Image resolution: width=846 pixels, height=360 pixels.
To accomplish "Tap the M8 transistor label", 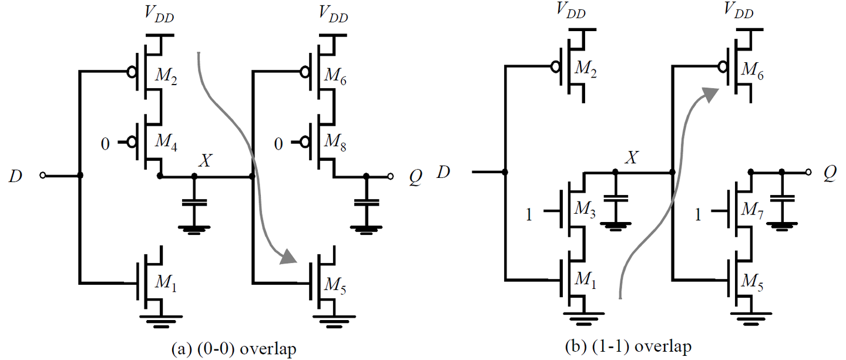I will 335,143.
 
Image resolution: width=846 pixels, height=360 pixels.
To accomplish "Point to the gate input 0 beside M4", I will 105,143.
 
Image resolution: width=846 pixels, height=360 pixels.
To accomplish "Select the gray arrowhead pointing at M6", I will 711,93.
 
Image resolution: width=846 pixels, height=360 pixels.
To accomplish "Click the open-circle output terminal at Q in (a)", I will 390,176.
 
